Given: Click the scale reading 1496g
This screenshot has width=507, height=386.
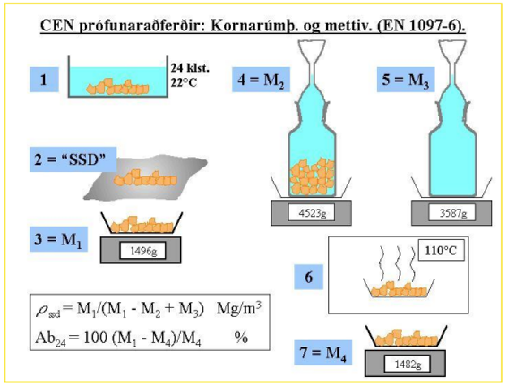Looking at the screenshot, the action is [x=142, y=251].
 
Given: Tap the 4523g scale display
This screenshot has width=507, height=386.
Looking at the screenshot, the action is [x=312, y=213].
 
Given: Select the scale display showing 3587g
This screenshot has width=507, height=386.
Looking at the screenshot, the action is [x=452, y=213].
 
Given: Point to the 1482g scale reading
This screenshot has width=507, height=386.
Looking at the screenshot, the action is [x=408, y=364].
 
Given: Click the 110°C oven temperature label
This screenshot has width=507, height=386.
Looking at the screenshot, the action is [x=441, y=250].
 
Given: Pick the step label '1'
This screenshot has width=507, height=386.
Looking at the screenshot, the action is [x=44, y=80].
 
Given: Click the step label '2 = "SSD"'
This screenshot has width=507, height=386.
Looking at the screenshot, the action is [x=73, y=159].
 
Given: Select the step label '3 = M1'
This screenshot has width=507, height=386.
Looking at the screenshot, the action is [x=58, y=239].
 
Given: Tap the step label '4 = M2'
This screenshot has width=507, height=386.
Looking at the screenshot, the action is [x=261, y=80].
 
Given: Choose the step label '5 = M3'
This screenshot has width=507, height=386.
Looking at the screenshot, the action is [x=406, y=80].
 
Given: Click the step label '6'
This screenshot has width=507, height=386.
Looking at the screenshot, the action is [x=308, y=277].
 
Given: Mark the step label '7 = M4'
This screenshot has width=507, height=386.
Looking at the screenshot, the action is [x=322, y=352].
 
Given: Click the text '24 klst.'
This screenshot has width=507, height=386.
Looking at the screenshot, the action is [x=190, y=68].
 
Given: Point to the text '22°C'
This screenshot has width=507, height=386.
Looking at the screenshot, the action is [x=184, y=82].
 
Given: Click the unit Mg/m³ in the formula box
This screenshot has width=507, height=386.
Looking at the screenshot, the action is [x=239, y=308].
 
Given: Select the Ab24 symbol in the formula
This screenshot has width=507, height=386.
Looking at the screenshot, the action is [x=50, y=339].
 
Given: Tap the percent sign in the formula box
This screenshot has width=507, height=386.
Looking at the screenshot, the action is [x=241, y=338].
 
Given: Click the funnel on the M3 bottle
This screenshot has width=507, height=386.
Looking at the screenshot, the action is [x=452, y=57].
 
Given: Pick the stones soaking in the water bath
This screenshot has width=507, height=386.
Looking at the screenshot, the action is [x=117, y=87].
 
